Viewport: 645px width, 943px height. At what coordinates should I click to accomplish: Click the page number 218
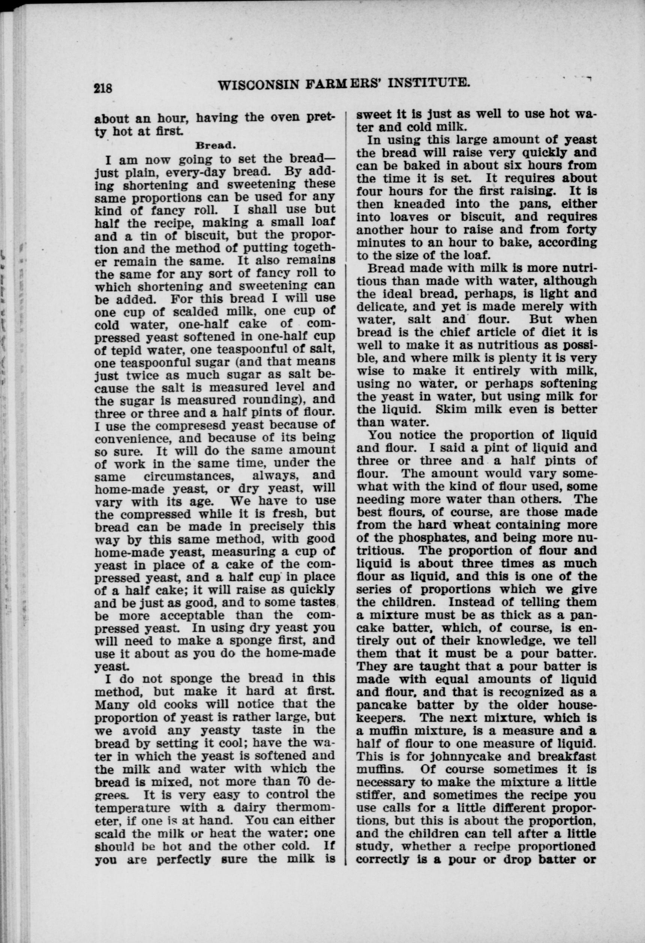point(103,87)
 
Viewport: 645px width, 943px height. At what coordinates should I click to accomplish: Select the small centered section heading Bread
point(215,145)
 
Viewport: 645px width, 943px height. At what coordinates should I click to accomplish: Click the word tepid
point(131,349)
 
